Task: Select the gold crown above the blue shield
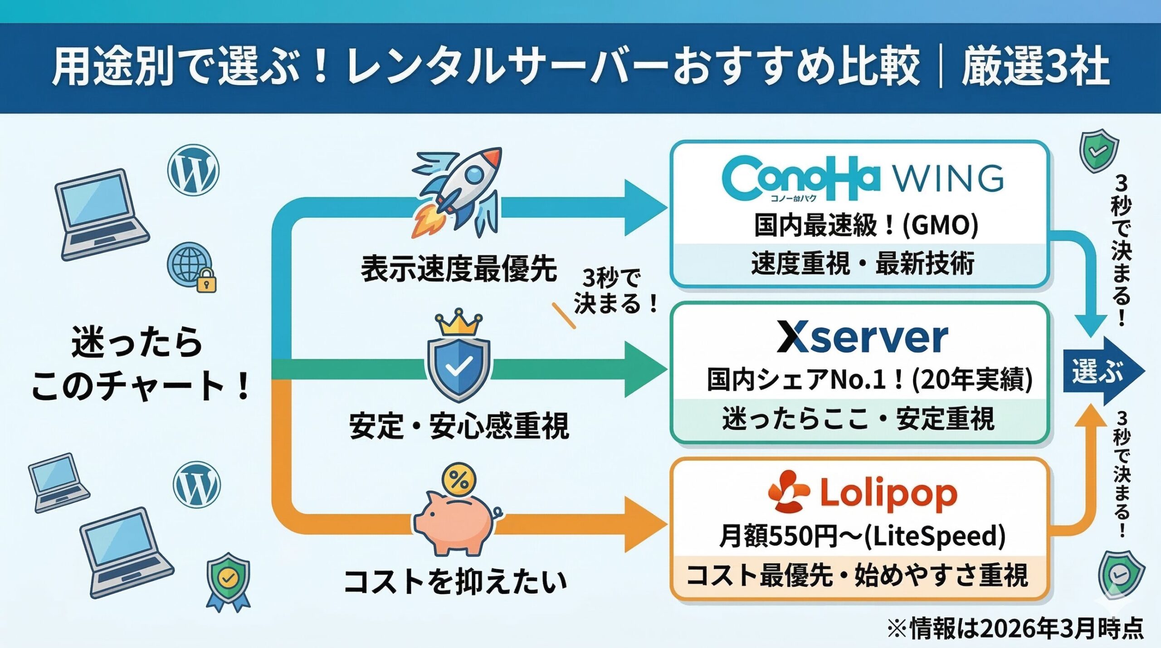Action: pos(458,323)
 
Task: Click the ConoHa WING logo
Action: pos(862,179)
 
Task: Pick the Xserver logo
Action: pos(862,338)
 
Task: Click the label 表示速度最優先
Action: pos(458,268)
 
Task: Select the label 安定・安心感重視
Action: pos(458,426)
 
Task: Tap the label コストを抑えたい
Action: pos(455,582)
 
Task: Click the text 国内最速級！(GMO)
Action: pos(865,225)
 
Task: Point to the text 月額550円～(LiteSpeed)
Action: pos(862,536)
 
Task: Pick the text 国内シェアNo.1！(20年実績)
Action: pos(869,380)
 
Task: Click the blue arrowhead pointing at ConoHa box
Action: pos(644,208)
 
